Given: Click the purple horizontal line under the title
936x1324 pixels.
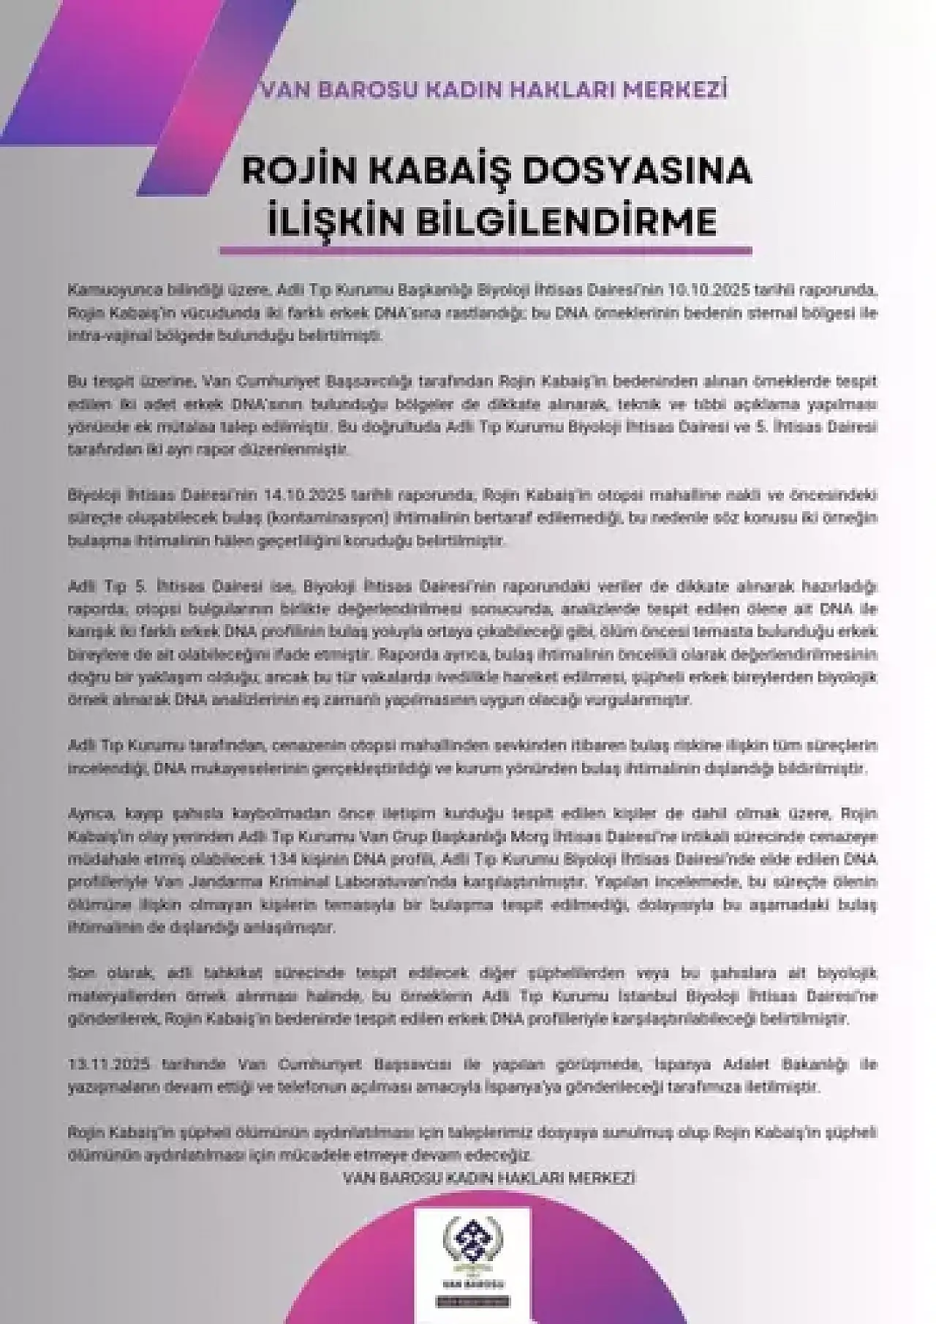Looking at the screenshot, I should [x=486, y=251].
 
